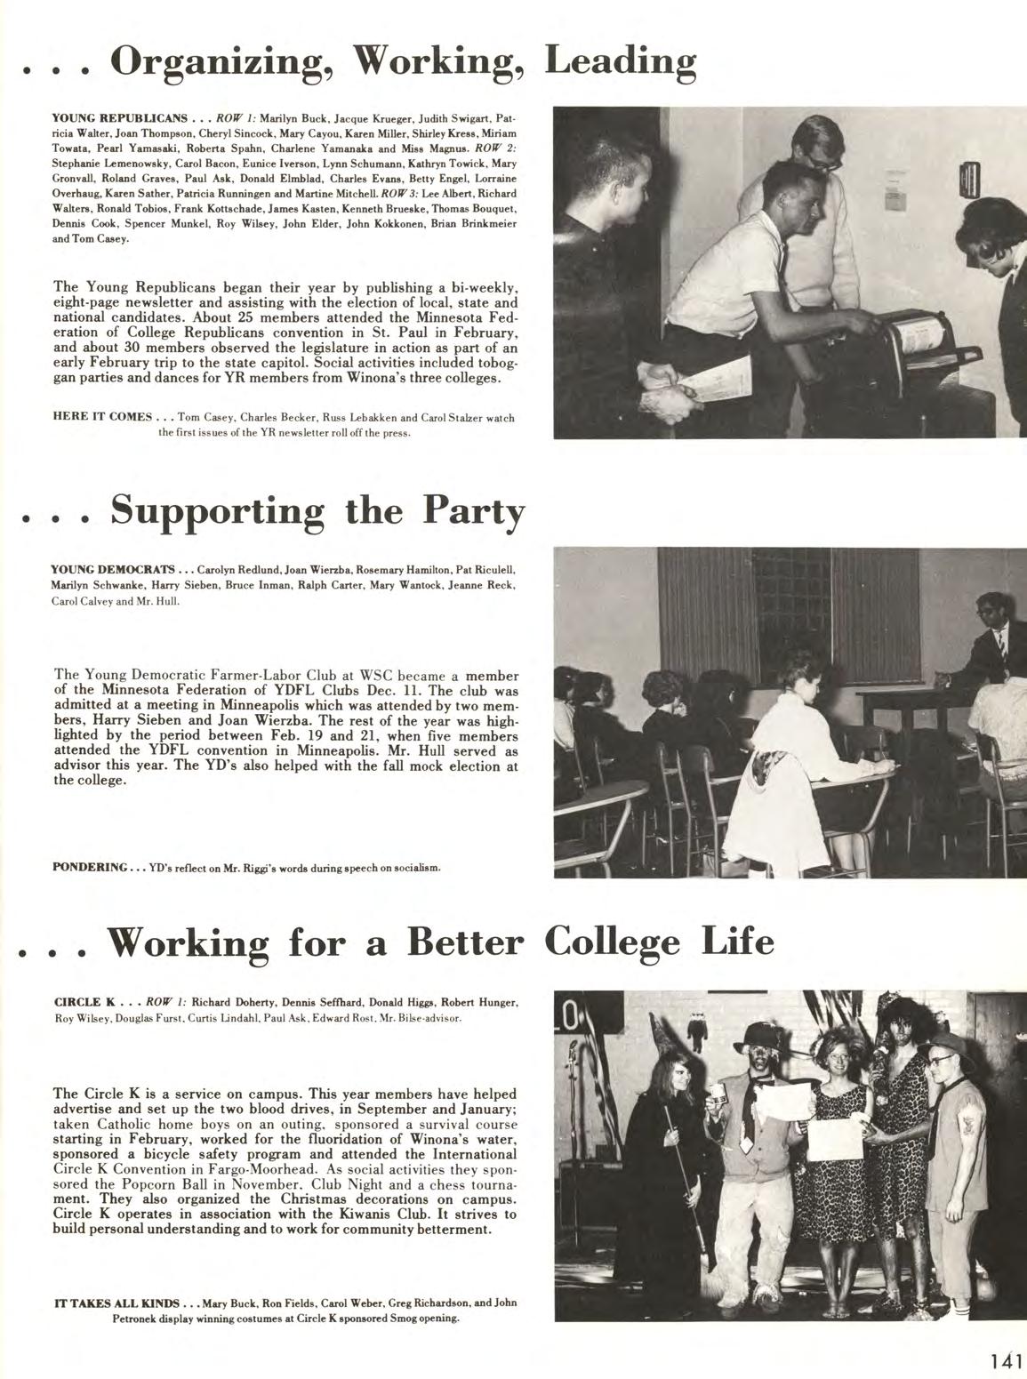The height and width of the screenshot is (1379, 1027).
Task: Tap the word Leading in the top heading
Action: (x=619, y=61)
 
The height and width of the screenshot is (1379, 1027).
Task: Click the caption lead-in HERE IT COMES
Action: (x=102, y=417)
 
